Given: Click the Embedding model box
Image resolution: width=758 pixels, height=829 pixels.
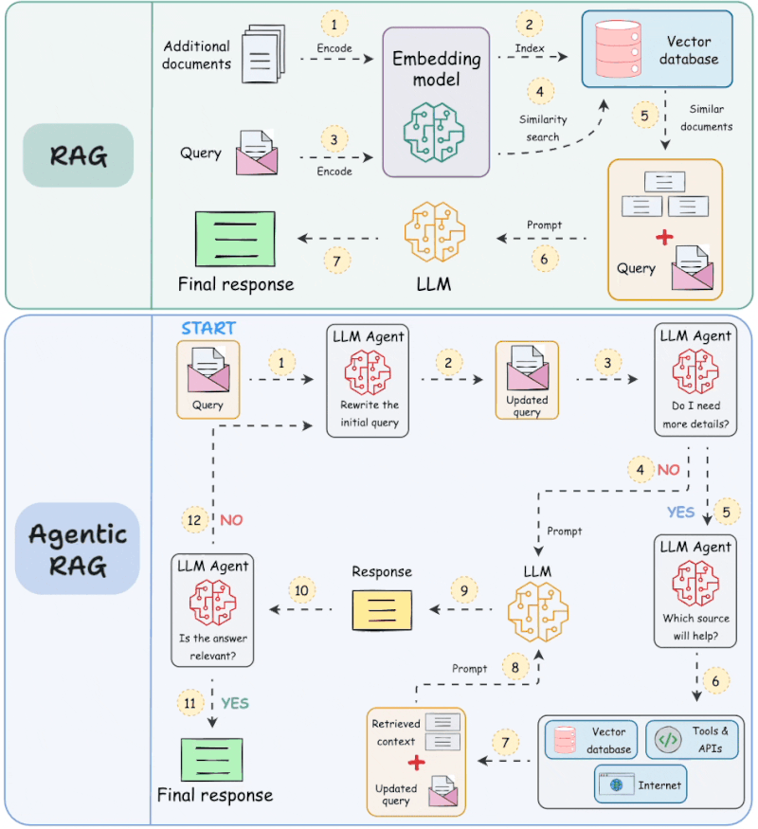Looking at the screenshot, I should [436, 101].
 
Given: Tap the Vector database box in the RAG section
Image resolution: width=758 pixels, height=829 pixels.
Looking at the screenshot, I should [657, 50].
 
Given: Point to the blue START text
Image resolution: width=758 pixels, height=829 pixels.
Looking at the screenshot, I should [208, 327].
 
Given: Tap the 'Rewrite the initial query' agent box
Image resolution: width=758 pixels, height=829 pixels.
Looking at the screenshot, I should [368, 380].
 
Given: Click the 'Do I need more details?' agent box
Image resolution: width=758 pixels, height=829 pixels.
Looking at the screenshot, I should [695, 379].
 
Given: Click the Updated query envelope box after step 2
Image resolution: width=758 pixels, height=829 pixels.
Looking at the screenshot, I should [526, 380].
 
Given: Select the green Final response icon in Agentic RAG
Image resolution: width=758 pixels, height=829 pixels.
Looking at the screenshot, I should [214, 759].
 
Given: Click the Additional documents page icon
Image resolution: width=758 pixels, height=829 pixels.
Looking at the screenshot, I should [262, 58].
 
